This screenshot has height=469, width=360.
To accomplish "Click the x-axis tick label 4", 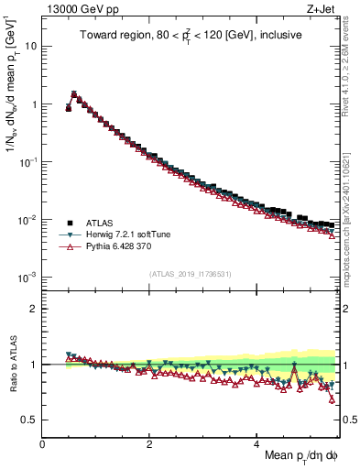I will pos(256,443).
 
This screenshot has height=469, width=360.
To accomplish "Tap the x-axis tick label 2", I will pos(149,443).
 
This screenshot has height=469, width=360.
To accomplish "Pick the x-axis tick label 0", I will pos(42,443).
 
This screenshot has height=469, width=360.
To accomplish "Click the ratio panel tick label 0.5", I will pos(29,420).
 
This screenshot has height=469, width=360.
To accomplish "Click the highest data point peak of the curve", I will pos(74,93).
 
